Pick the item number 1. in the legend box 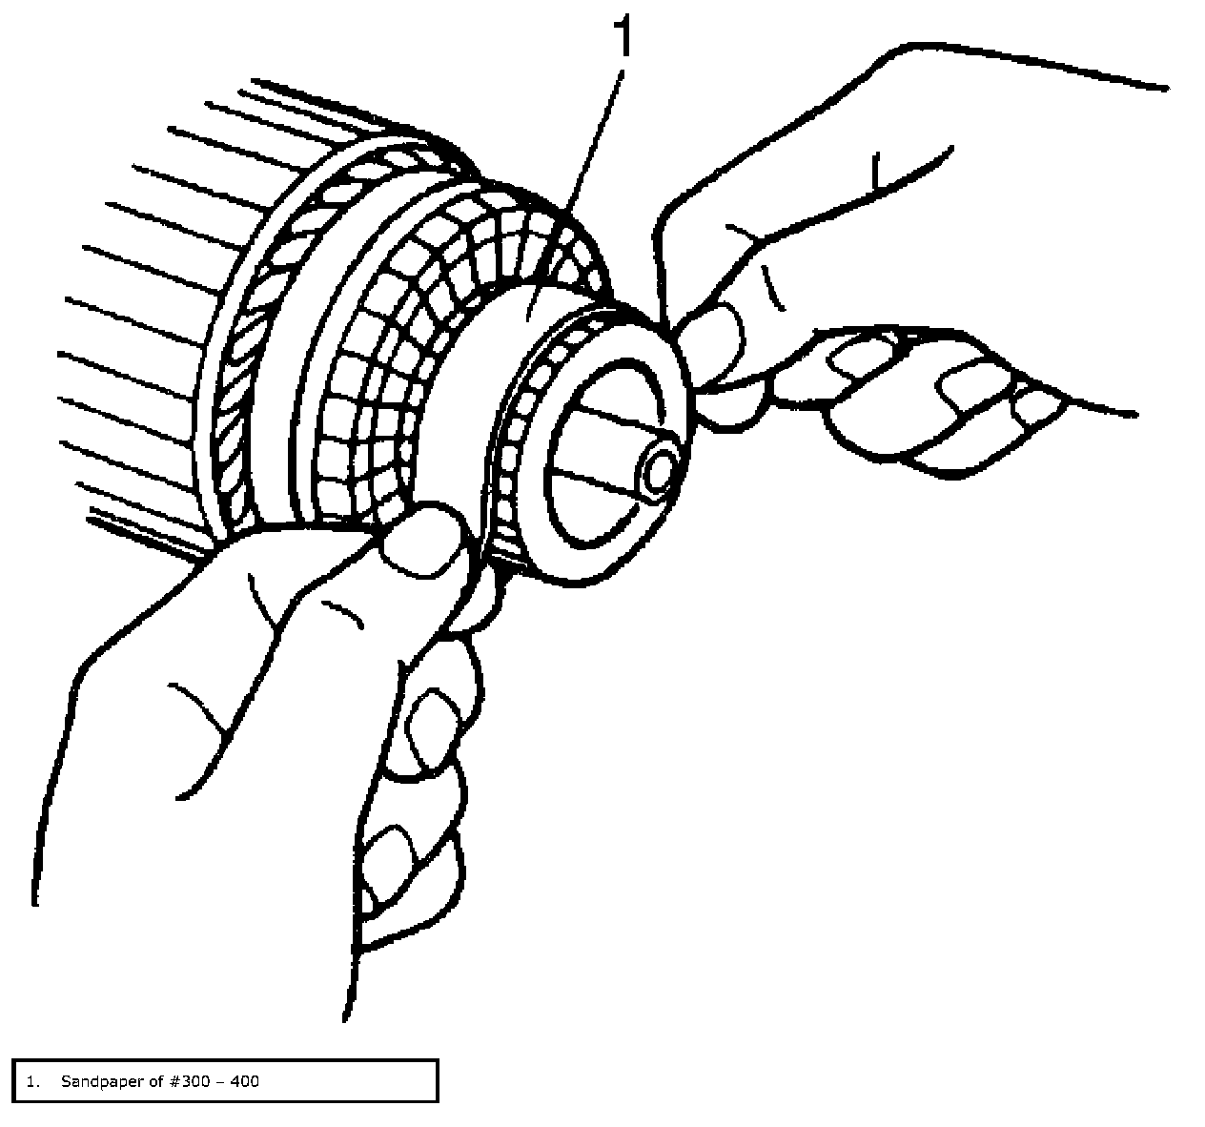tap(34, 1081)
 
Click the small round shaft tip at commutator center tap(660, 473)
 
